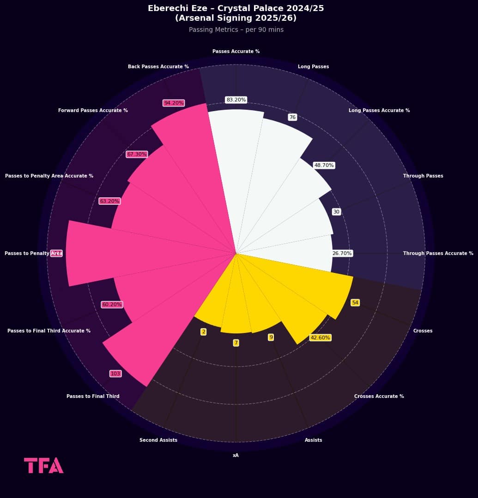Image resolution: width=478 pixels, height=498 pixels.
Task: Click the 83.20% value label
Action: click(236, 100)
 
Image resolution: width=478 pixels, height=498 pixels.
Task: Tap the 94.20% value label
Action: click(174, 103)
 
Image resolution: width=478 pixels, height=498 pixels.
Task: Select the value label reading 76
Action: click(292, 117)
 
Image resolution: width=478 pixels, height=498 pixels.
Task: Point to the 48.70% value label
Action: click(324, 165)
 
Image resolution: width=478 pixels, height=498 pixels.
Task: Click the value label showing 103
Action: click(115, 373)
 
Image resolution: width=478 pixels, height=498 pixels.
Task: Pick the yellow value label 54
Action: click(355, 302)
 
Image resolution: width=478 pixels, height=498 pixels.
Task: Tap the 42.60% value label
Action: click(321, 338)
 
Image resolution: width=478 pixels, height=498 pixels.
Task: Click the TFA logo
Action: click(44, 465)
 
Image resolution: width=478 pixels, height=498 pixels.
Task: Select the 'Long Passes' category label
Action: click(313, 67)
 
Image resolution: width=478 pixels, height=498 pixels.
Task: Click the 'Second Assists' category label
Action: click(158, 440)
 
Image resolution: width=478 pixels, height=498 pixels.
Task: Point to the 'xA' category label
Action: click(236, 456)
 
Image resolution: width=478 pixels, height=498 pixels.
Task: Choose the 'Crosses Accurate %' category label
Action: click(379, 397)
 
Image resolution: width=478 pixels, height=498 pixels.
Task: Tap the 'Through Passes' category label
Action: click(423, 176)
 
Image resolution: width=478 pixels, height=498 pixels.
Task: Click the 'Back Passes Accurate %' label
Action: click(158, 67)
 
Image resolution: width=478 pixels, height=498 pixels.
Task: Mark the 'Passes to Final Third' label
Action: click(93, 397)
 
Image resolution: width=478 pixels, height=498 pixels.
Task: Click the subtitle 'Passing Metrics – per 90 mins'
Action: click(236, 30)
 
